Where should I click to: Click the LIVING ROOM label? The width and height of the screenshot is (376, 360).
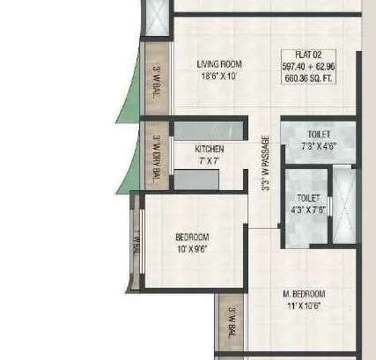point(219,64)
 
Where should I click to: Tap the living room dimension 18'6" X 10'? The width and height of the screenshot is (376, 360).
point(219,77)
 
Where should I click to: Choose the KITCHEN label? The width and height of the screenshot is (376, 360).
point(210,149)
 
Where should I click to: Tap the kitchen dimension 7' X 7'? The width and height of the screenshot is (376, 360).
point(210,161)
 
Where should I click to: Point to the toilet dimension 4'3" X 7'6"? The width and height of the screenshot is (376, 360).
point(308,210)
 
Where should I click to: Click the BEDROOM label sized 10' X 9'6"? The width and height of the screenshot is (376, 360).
point(191,237)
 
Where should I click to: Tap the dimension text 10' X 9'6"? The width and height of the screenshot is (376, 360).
point(191,249)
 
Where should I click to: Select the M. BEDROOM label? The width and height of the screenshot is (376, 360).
point(304,293)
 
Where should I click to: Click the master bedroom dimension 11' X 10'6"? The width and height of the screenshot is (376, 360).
point(304,305)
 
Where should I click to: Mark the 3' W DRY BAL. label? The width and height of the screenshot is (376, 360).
point(156,159)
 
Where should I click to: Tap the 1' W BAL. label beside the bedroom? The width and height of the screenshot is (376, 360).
point(136,243)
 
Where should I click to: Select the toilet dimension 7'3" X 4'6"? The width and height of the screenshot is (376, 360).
point(318,145)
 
